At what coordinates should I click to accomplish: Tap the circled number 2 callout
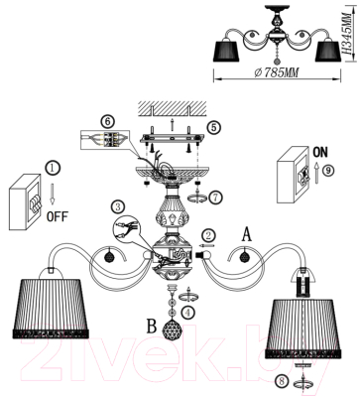pyautogui.click(x=207, y=235)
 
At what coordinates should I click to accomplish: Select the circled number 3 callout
pyautogui.click(x=118, y=205)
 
